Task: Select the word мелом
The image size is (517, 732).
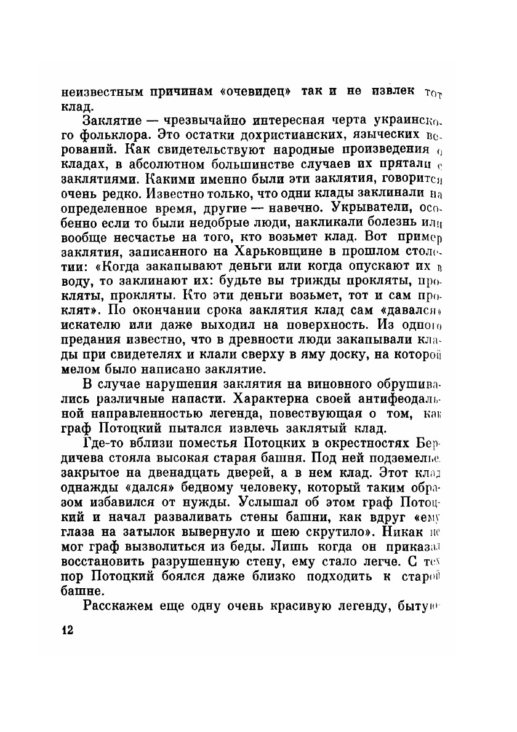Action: click(79, 369)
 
